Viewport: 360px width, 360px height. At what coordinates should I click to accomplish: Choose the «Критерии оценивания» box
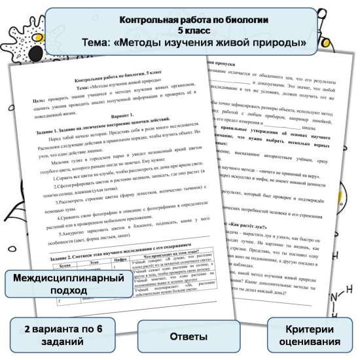click(310, 335)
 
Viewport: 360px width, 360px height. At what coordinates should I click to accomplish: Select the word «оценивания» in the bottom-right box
click(310, 342)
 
